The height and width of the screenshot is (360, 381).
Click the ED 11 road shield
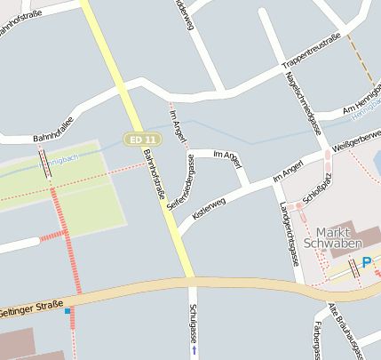click(x=141, y=140)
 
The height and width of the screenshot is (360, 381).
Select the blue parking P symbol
click(x=369, y=263)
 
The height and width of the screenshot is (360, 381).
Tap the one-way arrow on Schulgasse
click(x=194, y=350)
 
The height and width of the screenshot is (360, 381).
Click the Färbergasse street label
click(x=315, y=340)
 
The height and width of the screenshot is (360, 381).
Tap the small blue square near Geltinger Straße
click(x=67, y=311)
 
